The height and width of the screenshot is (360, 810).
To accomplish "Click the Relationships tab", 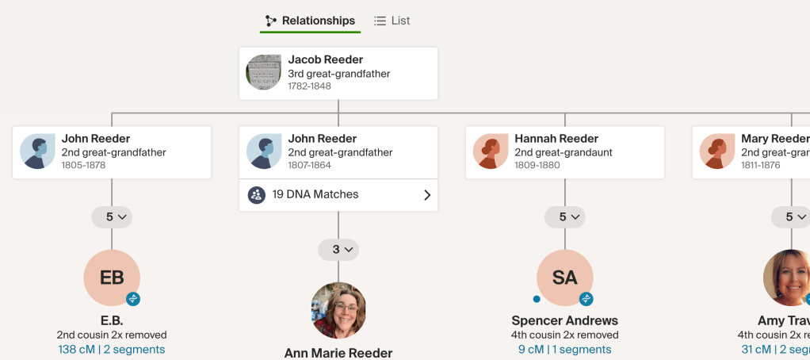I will (x=310, y=21).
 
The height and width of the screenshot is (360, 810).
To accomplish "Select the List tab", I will (x=392, y=21).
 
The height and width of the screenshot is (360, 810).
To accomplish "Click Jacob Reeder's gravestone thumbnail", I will (x=264, y=73).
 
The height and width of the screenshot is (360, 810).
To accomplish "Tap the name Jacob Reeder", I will (x=326, y=59).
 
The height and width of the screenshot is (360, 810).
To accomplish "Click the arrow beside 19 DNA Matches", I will (x=427, y=194).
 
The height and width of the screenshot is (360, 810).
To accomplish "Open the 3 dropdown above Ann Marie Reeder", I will (x=338, y=250).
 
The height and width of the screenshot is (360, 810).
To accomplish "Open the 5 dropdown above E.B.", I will (x=112, y=216).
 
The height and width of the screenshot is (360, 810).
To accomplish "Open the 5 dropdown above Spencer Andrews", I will (x=565, y=216).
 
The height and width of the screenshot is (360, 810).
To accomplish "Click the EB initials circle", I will (x=112, y=278).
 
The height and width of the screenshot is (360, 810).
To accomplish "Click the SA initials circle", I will (x=565, y=278).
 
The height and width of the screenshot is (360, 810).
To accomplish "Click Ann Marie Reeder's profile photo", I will (x=338, y=311).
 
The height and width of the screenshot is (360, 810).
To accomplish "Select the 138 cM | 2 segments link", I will (x=112, y=349).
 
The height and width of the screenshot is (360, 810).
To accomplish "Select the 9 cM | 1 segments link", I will (x=565, y=349).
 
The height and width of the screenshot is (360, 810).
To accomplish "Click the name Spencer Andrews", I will (x=565, y=320).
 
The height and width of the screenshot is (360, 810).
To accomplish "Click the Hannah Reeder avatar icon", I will (x=491, y=151).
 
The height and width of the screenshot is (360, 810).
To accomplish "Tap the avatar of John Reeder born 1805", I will (x=37, y=151).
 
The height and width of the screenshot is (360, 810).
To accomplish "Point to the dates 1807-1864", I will (x=309, y=166).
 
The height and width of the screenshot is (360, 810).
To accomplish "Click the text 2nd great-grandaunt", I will (x=564, y=152).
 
